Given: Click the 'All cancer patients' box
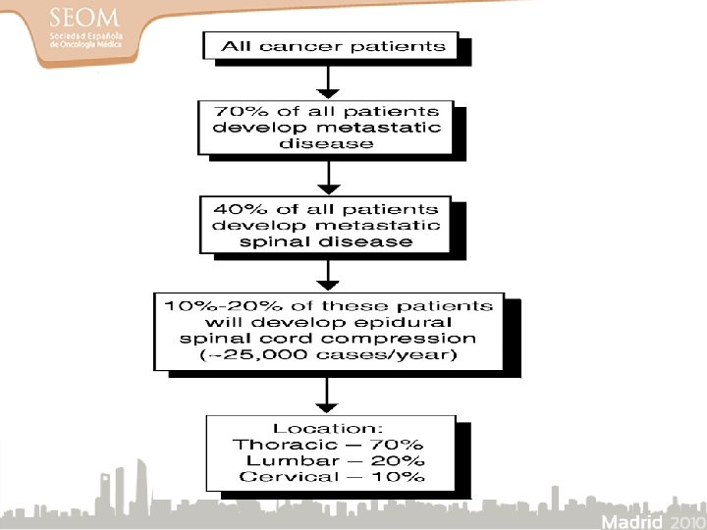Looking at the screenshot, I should pos(333,46).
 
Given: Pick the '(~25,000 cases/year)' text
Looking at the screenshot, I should pos(328,355).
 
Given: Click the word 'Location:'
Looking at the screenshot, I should pos(328,429).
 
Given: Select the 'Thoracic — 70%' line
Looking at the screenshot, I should pos(328,445).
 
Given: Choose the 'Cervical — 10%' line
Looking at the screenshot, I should pos(328,477).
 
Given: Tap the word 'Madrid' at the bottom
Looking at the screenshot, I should pos(632,520).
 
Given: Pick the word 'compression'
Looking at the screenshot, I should pos(418,339).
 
